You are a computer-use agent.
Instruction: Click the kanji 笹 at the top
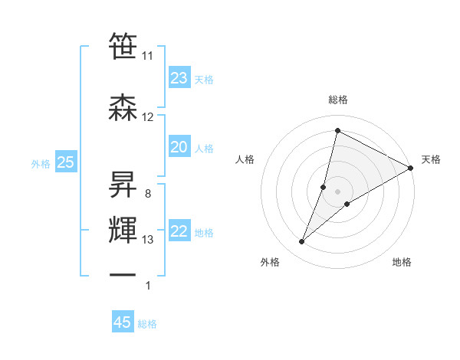point(123,46)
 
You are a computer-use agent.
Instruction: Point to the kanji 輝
point(123,230)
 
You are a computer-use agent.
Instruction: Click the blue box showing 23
point(179,78)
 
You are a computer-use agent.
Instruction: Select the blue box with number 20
point(179,147)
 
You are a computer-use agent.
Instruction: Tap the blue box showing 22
point(179,232)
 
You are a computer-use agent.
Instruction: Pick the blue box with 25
point(65,162)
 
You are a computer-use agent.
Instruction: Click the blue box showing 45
point(123,322)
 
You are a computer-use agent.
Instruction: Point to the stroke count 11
point(148,55)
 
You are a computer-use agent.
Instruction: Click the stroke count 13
point(148,240)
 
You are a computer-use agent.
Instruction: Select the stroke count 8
point(148,193)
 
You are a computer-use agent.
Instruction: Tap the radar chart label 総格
point(338,100)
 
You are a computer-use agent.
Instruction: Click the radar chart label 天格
point(431,159)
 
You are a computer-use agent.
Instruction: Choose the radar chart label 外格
point(270,262)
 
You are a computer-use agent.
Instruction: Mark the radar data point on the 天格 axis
point(411,168)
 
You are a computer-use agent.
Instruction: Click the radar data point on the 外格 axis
point(301,242)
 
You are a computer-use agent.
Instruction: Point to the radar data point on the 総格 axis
point(337,130)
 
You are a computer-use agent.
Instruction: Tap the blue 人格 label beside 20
point(204,148)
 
